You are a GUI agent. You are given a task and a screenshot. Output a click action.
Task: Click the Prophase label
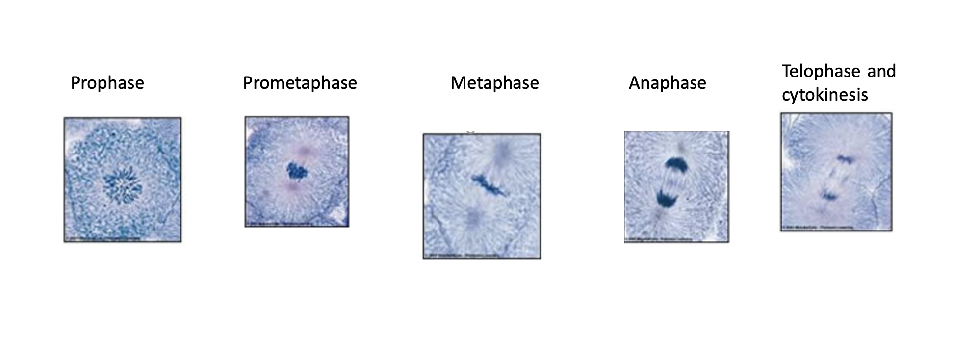(x=107, y=83)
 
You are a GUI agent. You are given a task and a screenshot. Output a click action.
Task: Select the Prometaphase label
(x=300, y=83)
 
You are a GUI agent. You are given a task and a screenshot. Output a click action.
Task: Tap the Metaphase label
(x=494, y=83)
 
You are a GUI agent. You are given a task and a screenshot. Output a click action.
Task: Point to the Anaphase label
(x=667, y=83)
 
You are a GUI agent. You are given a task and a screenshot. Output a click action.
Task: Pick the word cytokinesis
(x=824, y=95)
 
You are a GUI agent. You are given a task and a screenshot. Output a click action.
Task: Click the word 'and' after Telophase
(x=881, y=71)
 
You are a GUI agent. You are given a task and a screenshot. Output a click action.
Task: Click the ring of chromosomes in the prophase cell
(x=123, y=185)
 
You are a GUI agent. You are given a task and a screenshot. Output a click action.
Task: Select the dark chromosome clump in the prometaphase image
(x=296, y=171)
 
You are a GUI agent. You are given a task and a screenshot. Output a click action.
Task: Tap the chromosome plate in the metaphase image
(x=489, y=184)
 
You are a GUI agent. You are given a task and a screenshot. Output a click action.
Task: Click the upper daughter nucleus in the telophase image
(x=845, y=158)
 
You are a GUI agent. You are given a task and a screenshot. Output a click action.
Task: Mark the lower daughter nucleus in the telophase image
(x=829, y=196)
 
